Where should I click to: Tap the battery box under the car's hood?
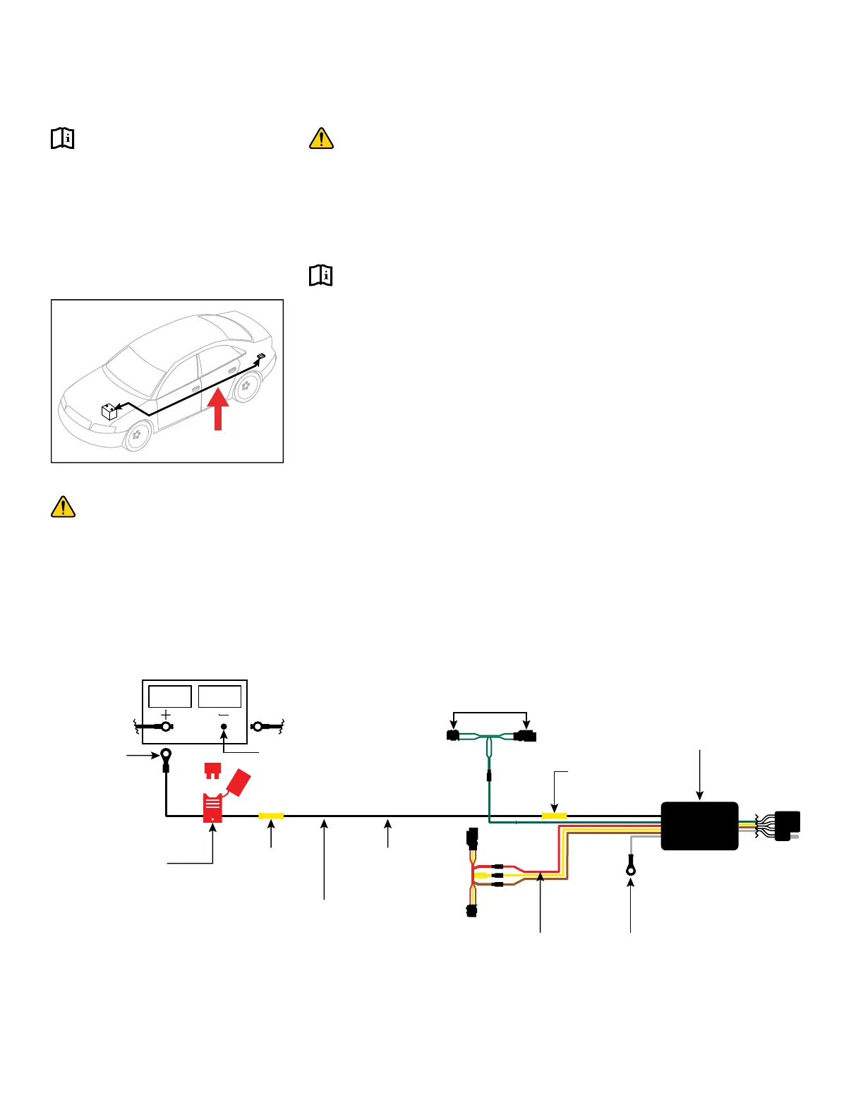coord(109,411)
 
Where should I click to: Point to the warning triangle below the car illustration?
coord(64,507)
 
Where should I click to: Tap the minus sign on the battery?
coord(224,715)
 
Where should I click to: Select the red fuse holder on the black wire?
coord(213,808)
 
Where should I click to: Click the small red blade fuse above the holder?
coord(212,769)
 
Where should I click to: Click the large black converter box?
coord(699,826)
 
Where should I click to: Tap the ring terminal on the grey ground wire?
coord(631,869)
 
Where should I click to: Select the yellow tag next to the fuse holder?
coord(271,816)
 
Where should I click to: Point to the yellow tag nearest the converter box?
coord(554,816)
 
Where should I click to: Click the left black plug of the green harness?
coord(453,736)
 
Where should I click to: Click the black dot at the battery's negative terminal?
coord(224,726)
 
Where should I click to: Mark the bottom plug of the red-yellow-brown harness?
coord(471,910)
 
